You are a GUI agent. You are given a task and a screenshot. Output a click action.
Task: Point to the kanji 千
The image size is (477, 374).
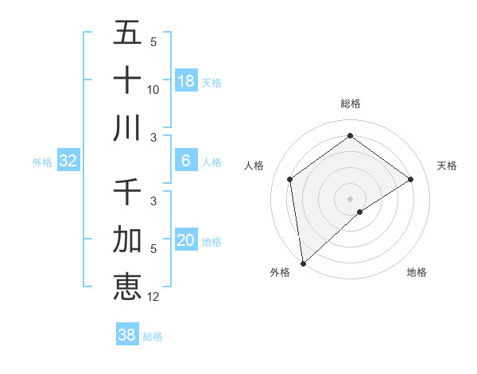(127, 192)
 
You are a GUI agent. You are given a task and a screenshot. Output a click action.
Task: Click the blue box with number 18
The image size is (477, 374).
(186, 80)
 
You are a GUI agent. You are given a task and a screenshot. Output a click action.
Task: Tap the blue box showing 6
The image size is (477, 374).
(186, 160)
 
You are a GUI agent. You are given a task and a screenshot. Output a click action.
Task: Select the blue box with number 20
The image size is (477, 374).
(186, 240)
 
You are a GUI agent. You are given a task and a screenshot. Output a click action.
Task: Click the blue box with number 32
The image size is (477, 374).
(68, 161)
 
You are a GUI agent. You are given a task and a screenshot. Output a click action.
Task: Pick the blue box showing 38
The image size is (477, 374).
(127, 335)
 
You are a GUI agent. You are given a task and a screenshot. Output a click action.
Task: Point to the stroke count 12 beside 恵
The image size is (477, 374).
(153, 297)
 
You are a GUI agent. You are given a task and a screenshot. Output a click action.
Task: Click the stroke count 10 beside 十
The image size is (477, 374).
(153, 90)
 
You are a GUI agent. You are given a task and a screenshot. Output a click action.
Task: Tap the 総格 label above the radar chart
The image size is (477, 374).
(351, 103)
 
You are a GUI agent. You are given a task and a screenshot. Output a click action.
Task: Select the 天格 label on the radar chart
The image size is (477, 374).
(448, 166)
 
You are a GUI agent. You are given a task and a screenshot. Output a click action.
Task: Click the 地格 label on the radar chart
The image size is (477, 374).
(417, 272)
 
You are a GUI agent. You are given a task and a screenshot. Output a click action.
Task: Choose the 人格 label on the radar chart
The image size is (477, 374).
(254, 166)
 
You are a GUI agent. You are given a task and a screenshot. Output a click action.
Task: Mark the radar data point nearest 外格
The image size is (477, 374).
(303, 263)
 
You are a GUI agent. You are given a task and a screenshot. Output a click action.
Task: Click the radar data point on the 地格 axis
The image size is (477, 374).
(360, 212)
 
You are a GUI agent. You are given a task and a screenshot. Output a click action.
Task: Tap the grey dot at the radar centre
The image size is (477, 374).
(351, 198)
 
